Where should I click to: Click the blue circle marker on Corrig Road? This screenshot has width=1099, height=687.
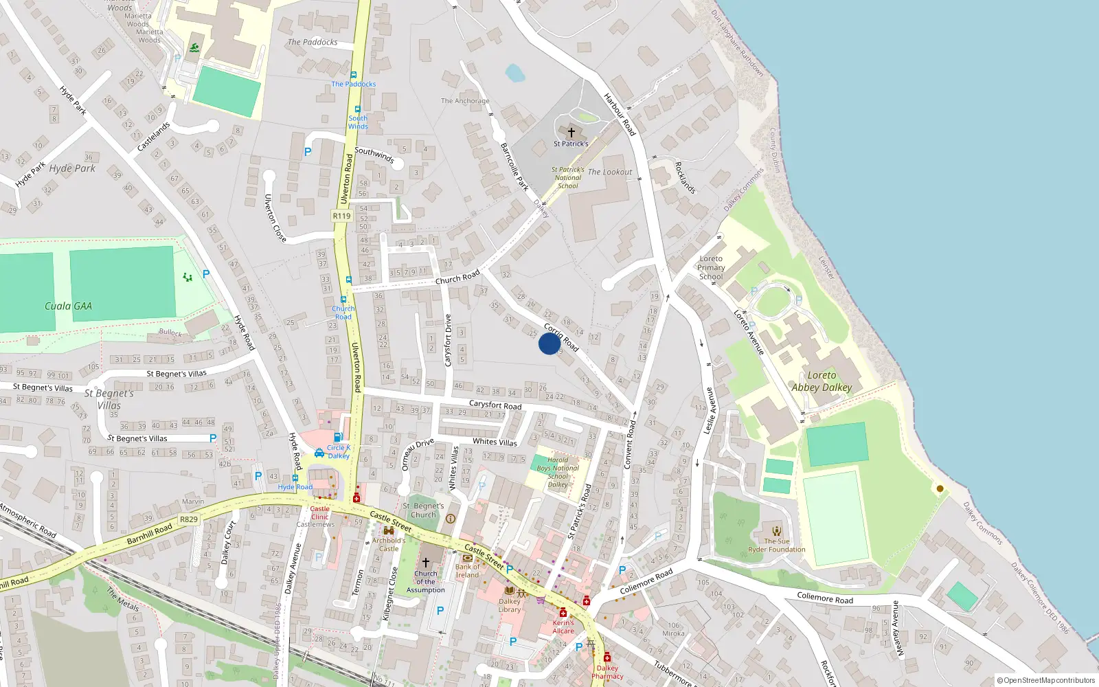[x=549, y=343]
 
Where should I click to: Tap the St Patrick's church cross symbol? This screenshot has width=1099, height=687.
[x=571, y=132]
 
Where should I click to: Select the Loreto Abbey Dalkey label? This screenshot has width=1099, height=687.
[x=822, y=381]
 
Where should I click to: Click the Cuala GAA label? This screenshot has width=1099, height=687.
[x=68, y=306]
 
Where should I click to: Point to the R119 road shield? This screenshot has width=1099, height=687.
[x=341, y=216]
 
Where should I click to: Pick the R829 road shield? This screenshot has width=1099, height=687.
[x=188, y=519]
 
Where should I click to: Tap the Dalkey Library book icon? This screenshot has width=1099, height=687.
[x=509, y=590]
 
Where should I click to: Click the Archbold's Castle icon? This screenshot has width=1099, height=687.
[x=389, y=530]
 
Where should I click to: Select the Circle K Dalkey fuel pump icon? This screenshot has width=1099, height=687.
[x=337, y=437]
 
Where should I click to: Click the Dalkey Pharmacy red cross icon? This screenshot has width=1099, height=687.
[x=607, y=657]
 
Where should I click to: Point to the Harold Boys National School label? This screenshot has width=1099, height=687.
[x=558, y=472]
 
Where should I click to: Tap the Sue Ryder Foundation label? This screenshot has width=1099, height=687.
[x=776, y=545]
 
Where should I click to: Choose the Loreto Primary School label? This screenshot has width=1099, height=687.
[x=711, y=267]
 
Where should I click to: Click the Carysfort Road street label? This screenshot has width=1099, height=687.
[x=495, y=405]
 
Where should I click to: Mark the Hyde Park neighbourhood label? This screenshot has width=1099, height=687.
[x=72, y=168]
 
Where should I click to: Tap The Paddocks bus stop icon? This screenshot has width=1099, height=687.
[x=354, y=75]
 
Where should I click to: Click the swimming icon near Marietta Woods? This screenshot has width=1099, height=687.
[x=195, y=47]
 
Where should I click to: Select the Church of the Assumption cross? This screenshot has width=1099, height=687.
[x=426, y=562]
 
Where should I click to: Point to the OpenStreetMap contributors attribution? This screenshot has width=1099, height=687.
[x=1045, y=680]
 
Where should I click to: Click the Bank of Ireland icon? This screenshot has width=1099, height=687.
[x=468, y=558]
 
